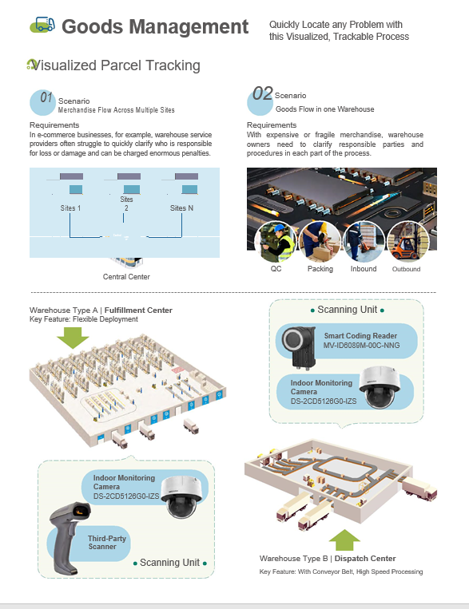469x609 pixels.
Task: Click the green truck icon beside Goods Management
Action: click(x=42, y=25)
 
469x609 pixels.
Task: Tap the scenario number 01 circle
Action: click(x=43, y=102)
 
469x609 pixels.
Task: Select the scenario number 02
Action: click(x=263, y=93)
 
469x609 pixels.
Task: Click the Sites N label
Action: click(x=181, y=208)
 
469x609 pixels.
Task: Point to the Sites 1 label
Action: click(x=70, y=208)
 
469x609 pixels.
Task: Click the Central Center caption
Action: click(x=126, y=276)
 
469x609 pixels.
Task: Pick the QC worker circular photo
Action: click(x=276, y=242)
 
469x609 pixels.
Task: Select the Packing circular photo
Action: click(x=320, y=242)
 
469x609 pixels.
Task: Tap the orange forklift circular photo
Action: click(x=408, y=242)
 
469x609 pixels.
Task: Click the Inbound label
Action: click(x=364, y=269)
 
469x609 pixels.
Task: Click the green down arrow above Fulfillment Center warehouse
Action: click(x=73, y=338)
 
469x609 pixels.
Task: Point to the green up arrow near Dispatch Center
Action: click(x=344, y=540)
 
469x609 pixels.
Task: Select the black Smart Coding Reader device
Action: click(x=299, y=346)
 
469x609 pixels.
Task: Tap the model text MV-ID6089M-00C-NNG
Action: click(x=361, y=346)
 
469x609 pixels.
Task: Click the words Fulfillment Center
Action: click(x=138, y=310)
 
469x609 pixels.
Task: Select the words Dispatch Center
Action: click(x=365, y=559)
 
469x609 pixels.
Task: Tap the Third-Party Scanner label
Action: click(x=106, y=542)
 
